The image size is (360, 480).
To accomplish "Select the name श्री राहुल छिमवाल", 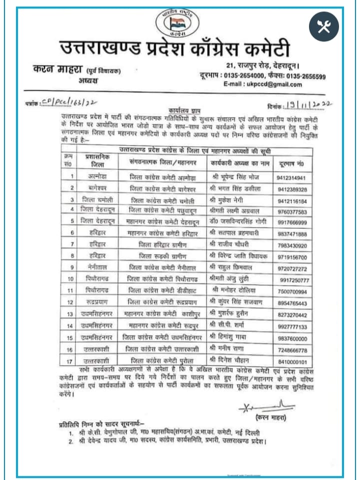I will click(231, 268).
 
